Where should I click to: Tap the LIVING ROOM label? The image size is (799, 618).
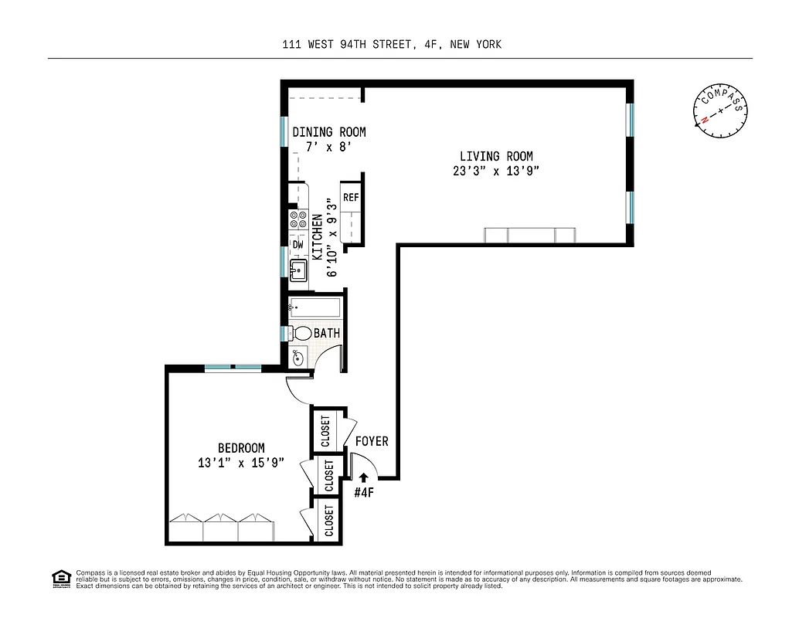coord(496,156)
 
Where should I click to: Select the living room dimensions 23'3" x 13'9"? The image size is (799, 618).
coord(496,171)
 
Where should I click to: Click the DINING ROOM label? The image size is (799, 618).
coord(328,132)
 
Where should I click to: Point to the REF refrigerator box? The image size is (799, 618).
coord(351,198)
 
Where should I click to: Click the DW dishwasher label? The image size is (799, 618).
coord(297,244)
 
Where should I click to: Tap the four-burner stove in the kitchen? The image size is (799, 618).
coord(297,219)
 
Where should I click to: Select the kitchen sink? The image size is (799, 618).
coord(298,270)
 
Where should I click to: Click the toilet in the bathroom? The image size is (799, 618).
coord(300,334)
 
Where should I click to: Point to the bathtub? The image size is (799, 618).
coord(314,308)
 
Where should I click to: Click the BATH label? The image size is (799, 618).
coord(327,333)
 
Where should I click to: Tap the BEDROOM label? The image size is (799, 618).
coord(241,448)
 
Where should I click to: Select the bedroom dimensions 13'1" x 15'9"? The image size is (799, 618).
coord(241,463)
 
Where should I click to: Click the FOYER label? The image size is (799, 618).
coord(371,441)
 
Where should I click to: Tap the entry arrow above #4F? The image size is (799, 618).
coord(363,477)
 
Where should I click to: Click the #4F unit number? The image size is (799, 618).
coord(364,492)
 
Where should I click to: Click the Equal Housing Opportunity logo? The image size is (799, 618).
coord(59,578)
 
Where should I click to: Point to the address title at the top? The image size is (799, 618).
coord(392,44)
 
